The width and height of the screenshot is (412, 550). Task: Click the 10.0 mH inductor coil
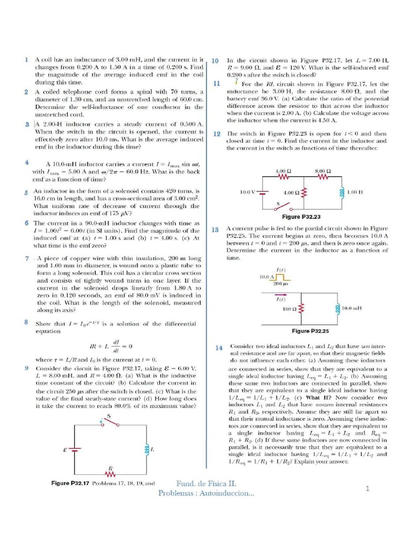coord(338,308)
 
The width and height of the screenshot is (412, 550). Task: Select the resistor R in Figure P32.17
coord(111,474)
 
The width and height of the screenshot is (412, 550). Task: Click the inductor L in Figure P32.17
coord(144,448)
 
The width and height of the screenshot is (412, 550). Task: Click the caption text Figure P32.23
coord(301,216)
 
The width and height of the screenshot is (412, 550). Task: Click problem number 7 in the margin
coord(27,258)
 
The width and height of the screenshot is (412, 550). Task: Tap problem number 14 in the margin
coord(219,348)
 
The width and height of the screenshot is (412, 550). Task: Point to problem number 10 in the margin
coord(215,61)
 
